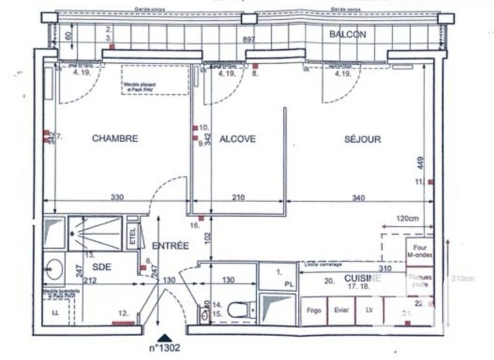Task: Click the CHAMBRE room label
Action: (115, 139)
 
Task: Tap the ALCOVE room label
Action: (238, 139)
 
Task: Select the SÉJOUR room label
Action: (362, 140)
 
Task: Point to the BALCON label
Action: (348, 35)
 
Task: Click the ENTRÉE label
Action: (170, 246)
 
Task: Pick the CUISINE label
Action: (362, 278)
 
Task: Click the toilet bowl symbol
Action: (240, 309)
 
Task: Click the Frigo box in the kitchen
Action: (314, 311)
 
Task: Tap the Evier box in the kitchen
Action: (341, 311)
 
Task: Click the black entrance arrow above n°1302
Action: (164, 337)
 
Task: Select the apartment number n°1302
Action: (164, 348)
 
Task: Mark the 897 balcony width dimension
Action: (249, 40)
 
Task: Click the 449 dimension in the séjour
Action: (421, 163)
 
